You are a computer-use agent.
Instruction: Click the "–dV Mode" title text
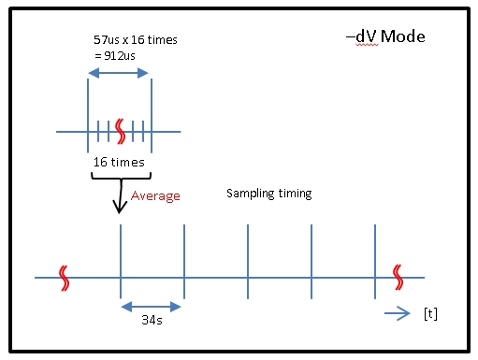tap(384, 37)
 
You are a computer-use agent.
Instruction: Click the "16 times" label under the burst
tap(118, 163)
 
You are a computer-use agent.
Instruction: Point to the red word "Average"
tap(155, 196)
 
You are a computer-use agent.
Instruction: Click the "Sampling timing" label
tap(269, 194)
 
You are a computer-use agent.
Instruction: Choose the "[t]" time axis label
tap(430, 314)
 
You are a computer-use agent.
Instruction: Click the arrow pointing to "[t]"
tap(397, 315)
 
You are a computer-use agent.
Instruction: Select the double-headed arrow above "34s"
tap(151, 305)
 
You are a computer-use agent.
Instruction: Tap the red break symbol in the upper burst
tap(119, 132)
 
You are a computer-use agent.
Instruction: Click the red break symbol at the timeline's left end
tap(64, 277)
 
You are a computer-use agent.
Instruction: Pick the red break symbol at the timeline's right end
tap(399, 277)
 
